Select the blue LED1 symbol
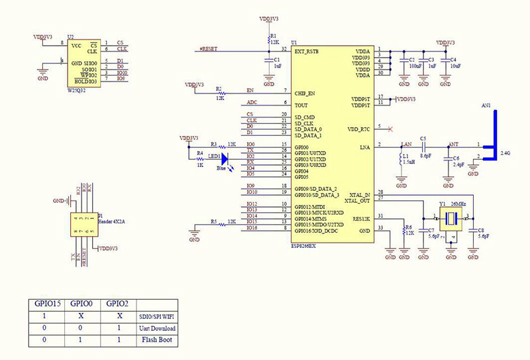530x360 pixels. [x=224, y=158]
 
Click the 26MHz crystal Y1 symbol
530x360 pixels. [x=451, y=217]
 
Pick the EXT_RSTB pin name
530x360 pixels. [x=308, y=50]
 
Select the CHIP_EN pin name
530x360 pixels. [x=305, y=93]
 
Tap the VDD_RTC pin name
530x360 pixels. [x=358, y=129]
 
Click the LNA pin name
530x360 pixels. [x=364, y=147]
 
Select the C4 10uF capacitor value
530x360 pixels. [x=455, y=66]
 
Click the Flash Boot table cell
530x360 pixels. [x=156, y=341]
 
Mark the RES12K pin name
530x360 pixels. [x=361, y=217]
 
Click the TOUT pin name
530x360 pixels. [x=301, y=105]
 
